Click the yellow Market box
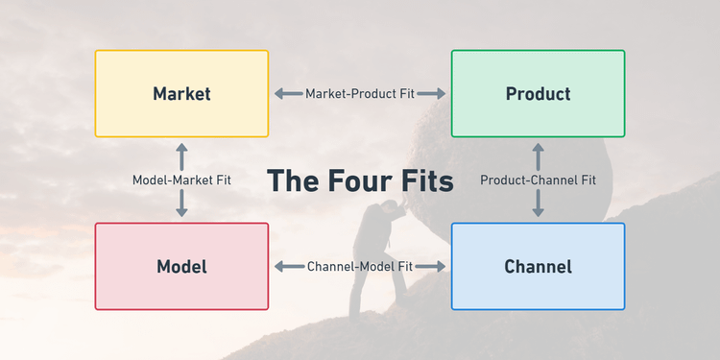click(x=181, y=94)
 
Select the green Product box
click(x=538, y=94)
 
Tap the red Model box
click(x=181, y=267)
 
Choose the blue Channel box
click(x=538, y=267)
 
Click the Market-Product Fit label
click(x=360, y=94)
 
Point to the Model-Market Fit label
click(x=181, y=180)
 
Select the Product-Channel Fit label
click(x=538, y=180)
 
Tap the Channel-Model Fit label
click(x=360, y=267)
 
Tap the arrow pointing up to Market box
click(x=181, y=155)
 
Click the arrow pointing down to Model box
click(x=181, y=204)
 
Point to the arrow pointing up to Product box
click(x=538, y=155)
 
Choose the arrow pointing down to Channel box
click(x=538, y=204)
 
